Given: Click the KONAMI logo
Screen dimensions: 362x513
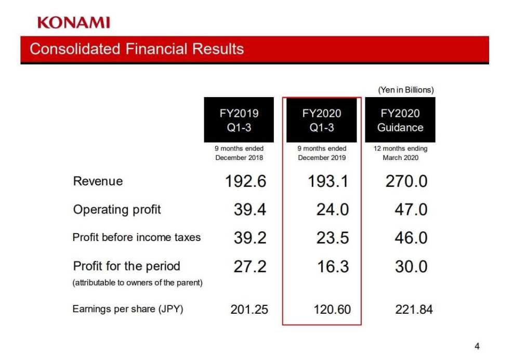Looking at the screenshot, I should click(73, 22).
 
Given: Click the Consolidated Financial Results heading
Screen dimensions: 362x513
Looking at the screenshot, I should click(137, 49).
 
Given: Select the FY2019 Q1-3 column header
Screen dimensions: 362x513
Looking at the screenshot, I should click(239, 120).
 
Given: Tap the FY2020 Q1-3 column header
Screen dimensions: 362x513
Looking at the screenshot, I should click(322, 120).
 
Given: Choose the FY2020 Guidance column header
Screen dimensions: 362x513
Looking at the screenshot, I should click(400, 120).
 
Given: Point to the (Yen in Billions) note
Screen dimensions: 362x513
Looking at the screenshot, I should click(405, 90).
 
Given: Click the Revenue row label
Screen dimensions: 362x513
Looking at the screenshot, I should click(98, 181).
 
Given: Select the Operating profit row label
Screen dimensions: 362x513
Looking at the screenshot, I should click(117, 209).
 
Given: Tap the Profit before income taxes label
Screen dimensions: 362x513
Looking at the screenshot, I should click(136, 237).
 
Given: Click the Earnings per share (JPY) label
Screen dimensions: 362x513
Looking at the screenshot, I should click(128, 309).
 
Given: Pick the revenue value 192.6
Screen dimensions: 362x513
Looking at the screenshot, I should click(245, 181).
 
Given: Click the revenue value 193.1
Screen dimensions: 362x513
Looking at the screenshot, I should click(328, 181).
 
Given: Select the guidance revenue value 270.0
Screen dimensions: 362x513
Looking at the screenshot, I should click(406, 181).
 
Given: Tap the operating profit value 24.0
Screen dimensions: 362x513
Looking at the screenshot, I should click(333, 209).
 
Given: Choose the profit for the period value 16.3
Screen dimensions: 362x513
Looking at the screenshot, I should click(333, 266).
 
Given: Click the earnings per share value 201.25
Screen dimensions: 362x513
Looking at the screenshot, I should click(249, 310).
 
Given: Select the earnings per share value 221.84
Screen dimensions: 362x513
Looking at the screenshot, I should click(414, 310).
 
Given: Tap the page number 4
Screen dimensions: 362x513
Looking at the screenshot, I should click(477, 346).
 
